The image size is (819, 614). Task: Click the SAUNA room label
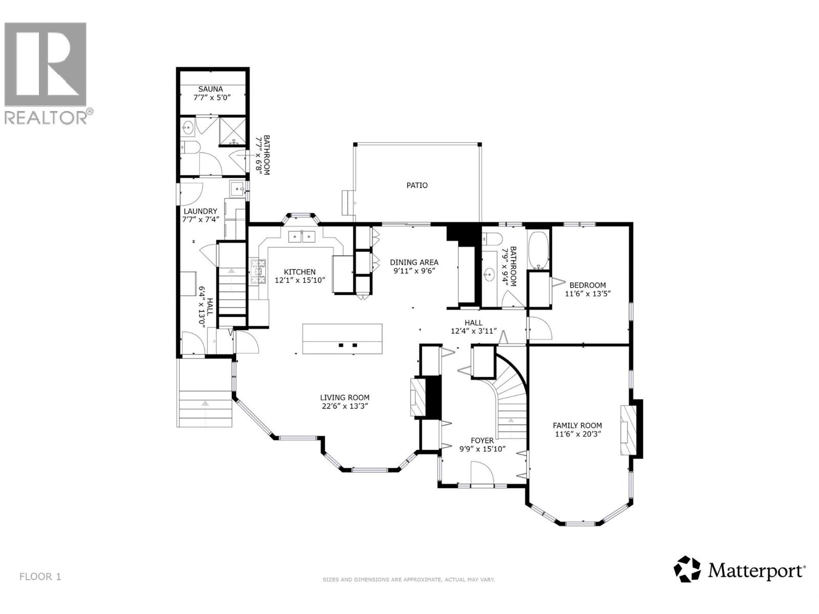coord(211,89)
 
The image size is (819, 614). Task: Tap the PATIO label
coord(417,185)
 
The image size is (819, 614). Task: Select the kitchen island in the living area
coord(342,339)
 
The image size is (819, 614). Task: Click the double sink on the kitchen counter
coord(301,236)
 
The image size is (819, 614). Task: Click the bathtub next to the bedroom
coord(538,250)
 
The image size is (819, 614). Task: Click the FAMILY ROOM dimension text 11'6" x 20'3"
coord(577,434)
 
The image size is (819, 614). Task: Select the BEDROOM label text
coord(588,285)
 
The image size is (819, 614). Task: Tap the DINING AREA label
coord(414,262)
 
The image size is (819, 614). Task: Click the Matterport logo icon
coord(686,569)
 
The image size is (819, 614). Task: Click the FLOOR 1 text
coord(40,577)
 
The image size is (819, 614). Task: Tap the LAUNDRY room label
coord(200,211)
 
